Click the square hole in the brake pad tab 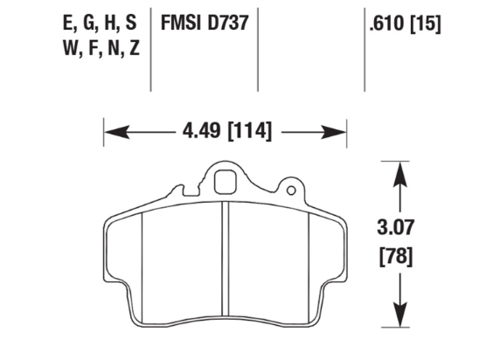pos(225,184)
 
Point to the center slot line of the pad pos(226,262)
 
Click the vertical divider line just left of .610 pos(364,48)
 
